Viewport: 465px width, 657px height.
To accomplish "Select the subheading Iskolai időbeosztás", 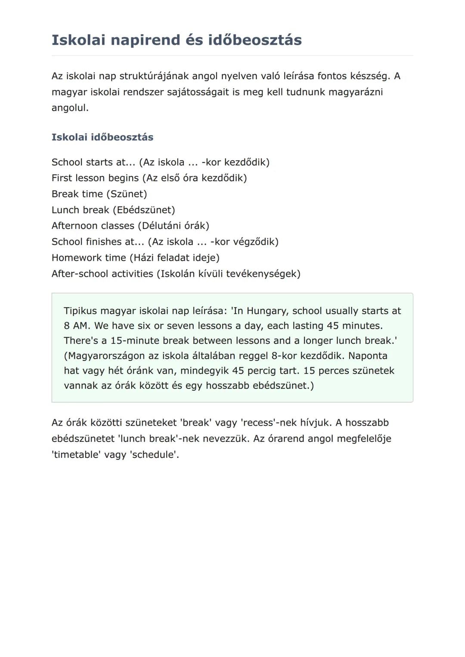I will point(102,137).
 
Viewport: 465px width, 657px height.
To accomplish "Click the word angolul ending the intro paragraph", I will point(69,108).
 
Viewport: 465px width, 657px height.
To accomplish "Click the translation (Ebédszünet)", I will point(144,210).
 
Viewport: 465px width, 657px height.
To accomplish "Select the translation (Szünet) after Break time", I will point(127,194).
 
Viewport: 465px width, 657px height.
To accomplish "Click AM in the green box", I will point(80,326).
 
